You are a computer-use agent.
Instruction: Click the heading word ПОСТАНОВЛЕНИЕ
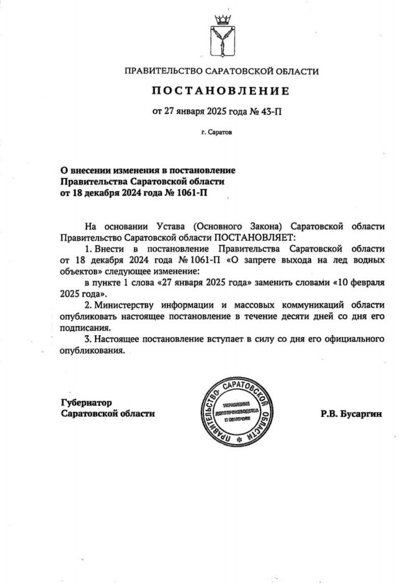pos(220,91)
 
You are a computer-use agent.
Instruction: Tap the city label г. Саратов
pos(217,133)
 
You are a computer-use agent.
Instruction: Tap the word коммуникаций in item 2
pos(309,305)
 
